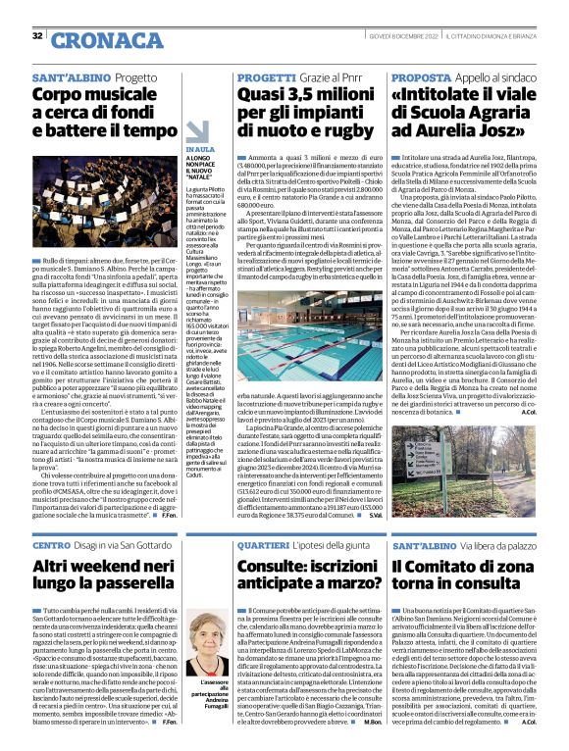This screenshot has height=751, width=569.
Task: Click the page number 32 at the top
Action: click(x=37, y=35)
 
